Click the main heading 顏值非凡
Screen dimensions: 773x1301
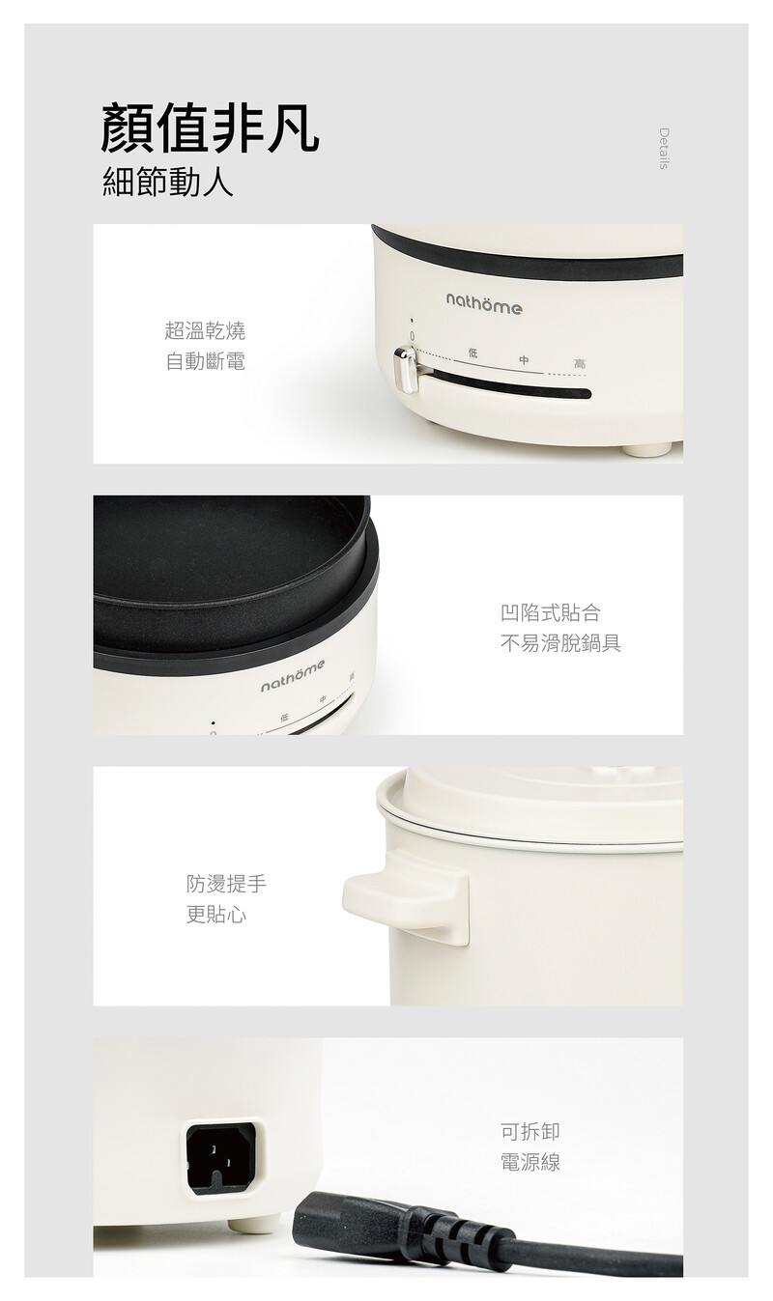click(x=210, y=128)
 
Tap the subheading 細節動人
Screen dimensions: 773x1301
click(x=168, y=182)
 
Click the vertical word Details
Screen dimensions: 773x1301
click(x=663, y=149)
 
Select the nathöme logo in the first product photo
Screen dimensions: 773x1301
click(x=483, y=303)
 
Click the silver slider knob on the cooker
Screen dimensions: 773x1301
click(x=406, y=370)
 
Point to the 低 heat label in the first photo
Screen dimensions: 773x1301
click(x=472, y=353)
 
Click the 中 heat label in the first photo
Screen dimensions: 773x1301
click(x=525, y=360)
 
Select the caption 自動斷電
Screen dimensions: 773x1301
click(x=205, y=361)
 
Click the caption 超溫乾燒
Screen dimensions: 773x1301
click(x=205, y=330)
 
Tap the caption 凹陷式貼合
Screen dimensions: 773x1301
click(x=551, y=612)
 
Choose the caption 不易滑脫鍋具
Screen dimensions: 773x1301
click(x=560, y=643)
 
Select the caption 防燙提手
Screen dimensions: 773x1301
click(x=226, y=884)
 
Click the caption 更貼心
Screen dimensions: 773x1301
click(x=216, y=915)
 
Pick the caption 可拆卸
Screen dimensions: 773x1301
click(x=530, y=1131)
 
